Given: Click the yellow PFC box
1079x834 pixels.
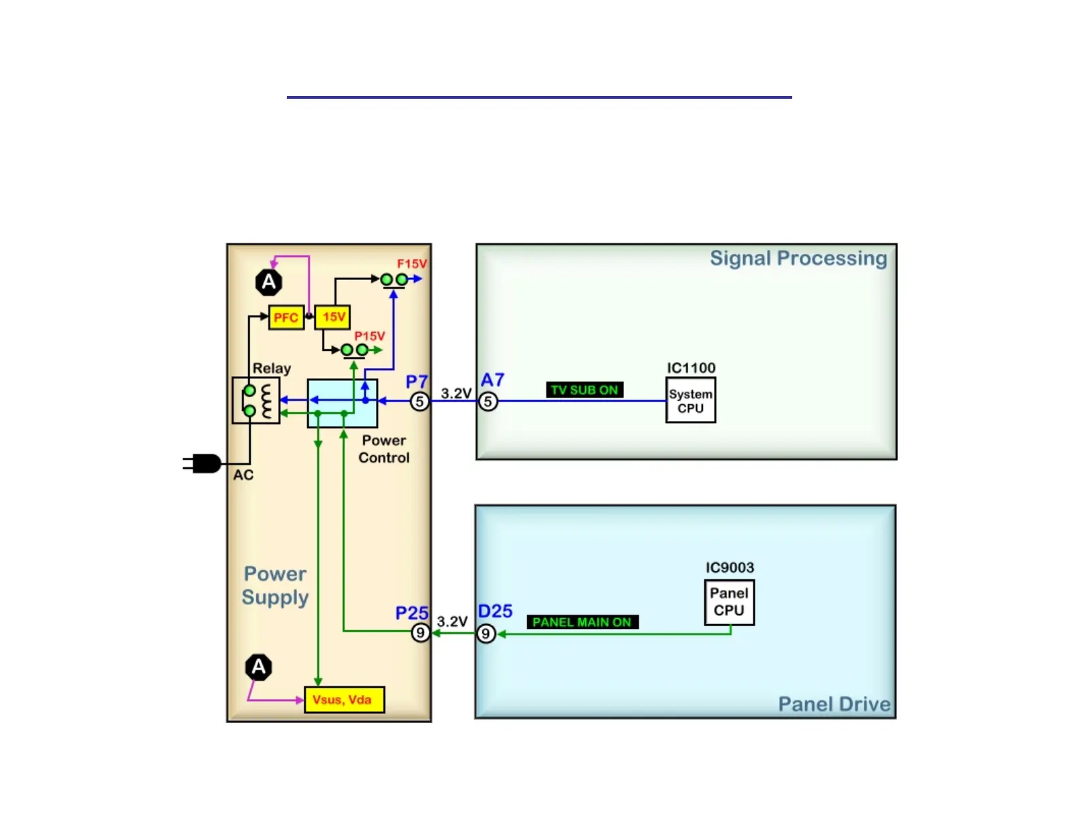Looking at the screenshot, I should (x=286, y=318).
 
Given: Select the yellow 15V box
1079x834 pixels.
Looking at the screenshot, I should (x=333, y=317).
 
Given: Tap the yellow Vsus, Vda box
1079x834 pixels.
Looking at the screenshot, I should (x=344, y=700).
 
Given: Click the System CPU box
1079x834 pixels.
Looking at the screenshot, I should (x=690, y=401).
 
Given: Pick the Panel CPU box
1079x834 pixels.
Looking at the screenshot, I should (x=729, y=602).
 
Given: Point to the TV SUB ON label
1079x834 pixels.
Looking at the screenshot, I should (x=584, y=390).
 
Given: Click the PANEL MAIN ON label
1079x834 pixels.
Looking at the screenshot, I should (x=582, y=622).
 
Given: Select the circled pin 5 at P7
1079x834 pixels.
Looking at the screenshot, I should (x=420, y=401).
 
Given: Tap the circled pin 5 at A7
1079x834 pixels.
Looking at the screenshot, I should (x=488, y=401).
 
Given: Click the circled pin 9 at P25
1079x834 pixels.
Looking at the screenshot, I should (x=420, y=633).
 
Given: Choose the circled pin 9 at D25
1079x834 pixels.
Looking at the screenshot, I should (x=486, y=634).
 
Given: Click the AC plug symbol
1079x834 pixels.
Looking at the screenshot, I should (x=203, y=463).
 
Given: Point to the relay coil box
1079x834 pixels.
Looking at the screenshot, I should (x=255, y=401).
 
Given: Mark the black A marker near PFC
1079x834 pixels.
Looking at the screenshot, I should (x=269, y=282).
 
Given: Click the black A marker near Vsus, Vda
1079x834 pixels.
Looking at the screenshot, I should (x=259, y=667).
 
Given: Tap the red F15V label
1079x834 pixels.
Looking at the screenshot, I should (x=412, y=264).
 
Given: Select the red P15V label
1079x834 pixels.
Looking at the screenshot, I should (x=370, y=336).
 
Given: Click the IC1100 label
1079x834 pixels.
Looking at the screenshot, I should (x=691, y=368).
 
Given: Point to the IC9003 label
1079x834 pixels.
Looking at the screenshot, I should (x=730, y=568).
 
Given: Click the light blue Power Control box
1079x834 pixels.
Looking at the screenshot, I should (x=342, y=403).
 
